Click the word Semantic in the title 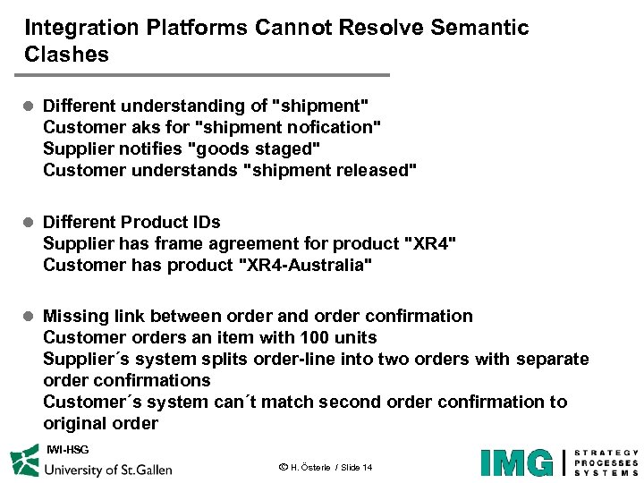point(479,28)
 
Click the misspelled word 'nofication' point(333,128)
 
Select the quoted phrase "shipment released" point(330,171)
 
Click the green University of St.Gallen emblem point(24,462)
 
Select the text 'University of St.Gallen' point(108,469)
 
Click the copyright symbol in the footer point(283,467)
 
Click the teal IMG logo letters point(517,462)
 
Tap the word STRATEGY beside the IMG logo point(606,453)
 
